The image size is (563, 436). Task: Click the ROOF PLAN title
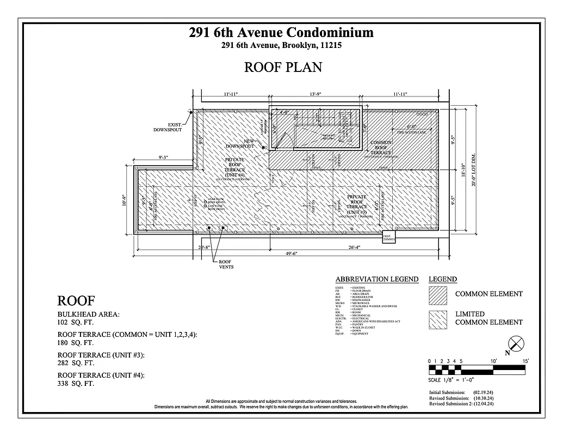(283, 67)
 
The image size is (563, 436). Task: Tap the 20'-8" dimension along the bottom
(204, 247)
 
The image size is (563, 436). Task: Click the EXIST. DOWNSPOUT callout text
(168, 127)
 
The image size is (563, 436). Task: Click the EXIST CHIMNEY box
(389, 235)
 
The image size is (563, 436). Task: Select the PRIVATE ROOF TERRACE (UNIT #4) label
(236, 169)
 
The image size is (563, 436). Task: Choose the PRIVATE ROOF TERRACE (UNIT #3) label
(357, 204)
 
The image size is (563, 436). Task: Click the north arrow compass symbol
(516, 344)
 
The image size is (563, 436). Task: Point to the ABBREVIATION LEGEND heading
(376, 279)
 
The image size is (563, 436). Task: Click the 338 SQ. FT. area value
(76, 384)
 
